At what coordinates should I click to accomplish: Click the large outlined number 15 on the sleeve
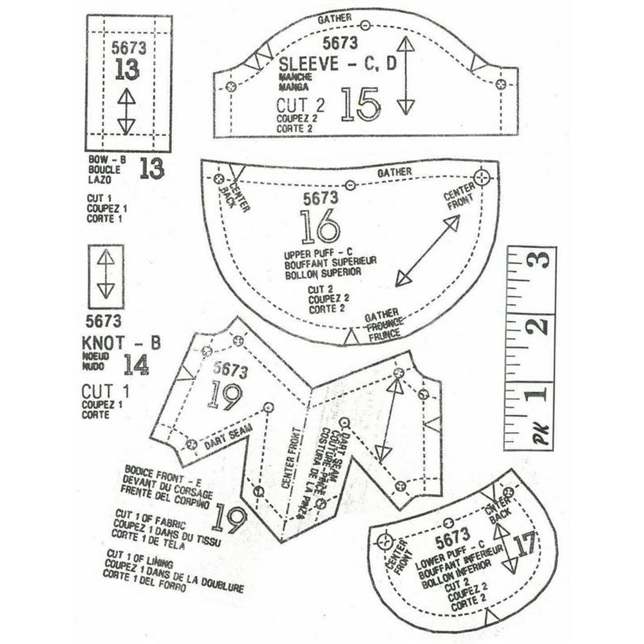pyautogui.click(x=361, y=105)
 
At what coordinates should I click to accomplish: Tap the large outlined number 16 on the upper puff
pyautogui.click(x=320, y=226)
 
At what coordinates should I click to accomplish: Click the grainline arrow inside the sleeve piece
pyautogui.click(x=405, y=75)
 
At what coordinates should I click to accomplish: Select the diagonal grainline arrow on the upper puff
pyautogui.click(x=428, y=251)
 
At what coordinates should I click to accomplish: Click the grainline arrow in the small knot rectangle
pyautogui.click(x=106, y=273)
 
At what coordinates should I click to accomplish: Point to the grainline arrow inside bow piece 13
pyautogui.click(x=126, y=111)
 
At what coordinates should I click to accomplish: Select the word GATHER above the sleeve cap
pyautogui.click(x=335, y=19)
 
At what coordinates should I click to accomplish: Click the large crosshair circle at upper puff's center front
pyautogui.click(x=482, y=176)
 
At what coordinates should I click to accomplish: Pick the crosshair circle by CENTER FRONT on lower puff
pyautogui.click(x=385, y=540)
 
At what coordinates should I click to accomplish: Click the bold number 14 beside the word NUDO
pyautogui.click(x=136, y=365)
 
